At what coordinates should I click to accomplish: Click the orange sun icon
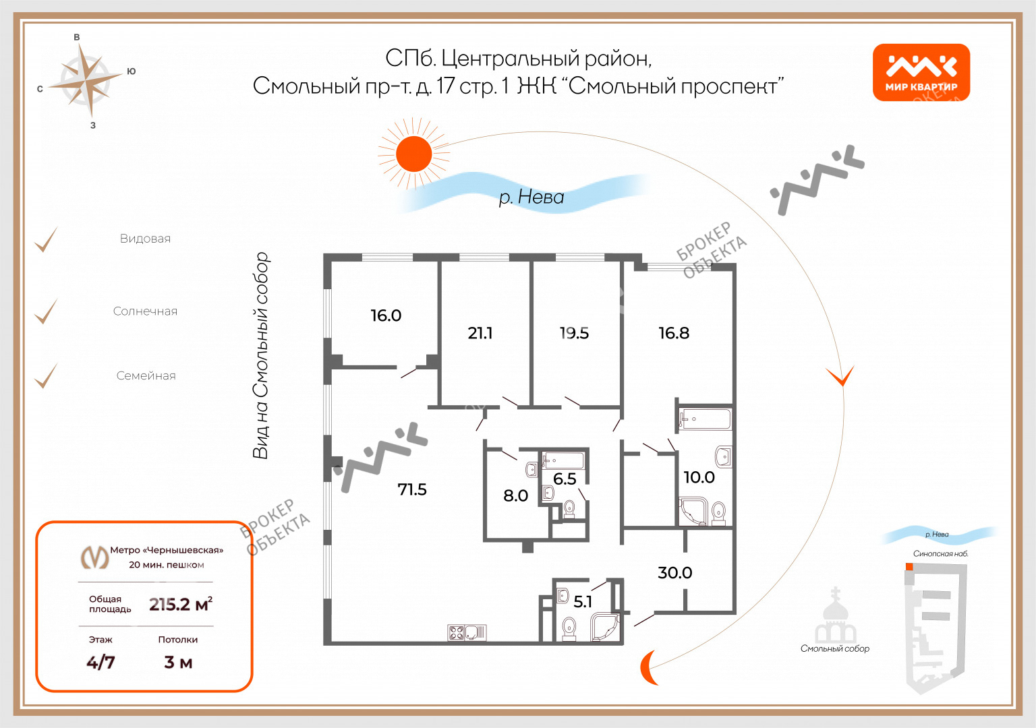(413, 154)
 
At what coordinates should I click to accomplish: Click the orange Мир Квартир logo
(921, 72)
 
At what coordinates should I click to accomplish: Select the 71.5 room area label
(412, 489)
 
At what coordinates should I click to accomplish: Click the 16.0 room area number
(386, 315)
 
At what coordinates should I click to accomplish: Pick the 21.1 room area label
(480, 333)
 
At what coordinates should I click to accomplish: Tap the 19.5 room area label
(574, 333)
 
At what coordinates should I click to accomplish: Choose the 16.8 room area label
(674, 333)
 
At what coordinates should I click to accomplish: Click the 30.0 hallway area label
(674, 572)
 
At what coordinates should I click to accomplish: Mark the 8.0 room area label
(515, 495)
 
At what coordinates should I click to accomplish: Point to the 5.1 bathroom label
(583, 601)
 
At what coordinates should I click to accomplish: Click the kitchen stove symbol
(457, 632)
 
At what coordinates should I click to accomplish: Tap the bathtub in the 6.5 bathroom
(564, 461)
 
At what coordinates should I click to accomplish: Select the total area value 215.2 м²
(181, 604)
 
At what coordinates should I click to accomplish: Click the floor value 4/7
(100, 662)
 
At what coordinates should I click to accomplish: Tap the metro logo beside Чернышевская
(94, 557)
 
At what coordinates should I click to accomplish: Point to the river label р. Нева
(531, 197)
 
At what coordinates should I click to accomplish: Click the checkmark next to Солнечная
(46, 311)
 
